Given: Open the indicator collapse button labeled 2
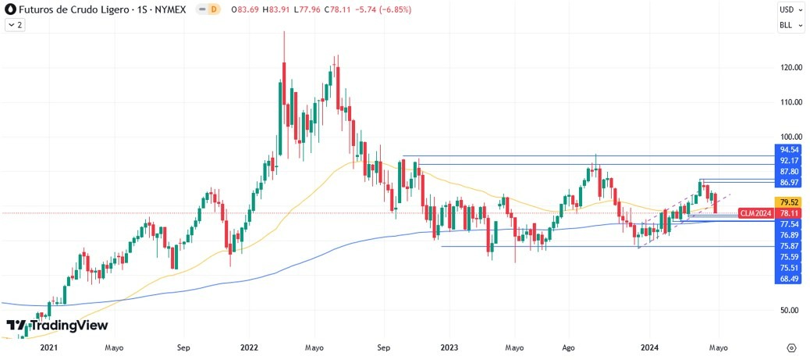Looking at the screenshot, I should (14, 25).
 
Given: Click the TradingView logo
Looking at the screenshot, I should (57, 325).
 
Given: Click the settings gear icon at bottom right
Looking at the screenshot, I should (791, 347).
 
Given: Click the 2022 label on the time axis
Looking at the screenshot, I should (250, 347).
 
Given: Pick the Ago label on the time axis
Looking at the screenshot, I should (568, 347).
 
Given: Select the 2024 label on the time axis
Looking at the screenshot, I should (649, 347).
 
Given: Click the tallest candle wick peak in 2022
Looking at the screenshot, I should (283, 31).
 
